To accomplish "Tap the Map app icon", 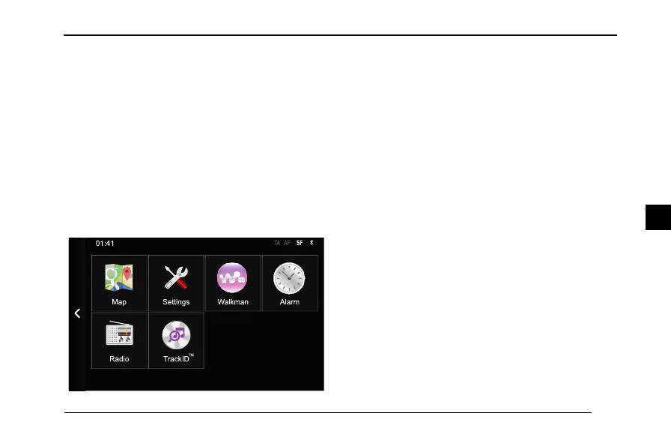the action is coord(119,279).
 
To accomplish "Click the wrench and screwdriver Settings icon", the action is coord(176,279).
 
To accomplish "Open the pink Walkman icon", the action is coord(233,279).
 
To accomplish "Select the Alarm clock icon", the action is coord(289,279).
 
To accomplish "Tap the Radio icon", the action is coord(119,336).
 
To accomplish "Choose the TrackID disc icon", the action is coord(176,336).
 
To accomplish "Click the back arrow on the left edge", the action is coord(77,313).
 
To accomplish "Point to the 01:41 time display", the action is coord(105,244).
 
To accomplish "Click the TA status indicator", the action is coord(277,244).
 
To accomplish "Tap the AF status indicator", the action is coord(287,244).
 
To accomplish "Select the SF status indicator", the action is coord(300,244).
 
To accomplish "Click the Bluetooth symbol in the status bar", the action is coord(312,244).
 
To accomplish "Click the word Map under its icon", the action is coord(119,302).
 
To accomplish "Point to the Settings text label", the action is coord(176,302).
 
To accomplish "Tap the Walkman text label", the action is coord(233,302).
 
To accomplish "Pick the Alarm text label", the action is coord(289,302).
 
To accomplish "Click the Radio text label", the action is coord(119,359).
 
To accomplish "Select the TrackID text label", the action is coord(176,359).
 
